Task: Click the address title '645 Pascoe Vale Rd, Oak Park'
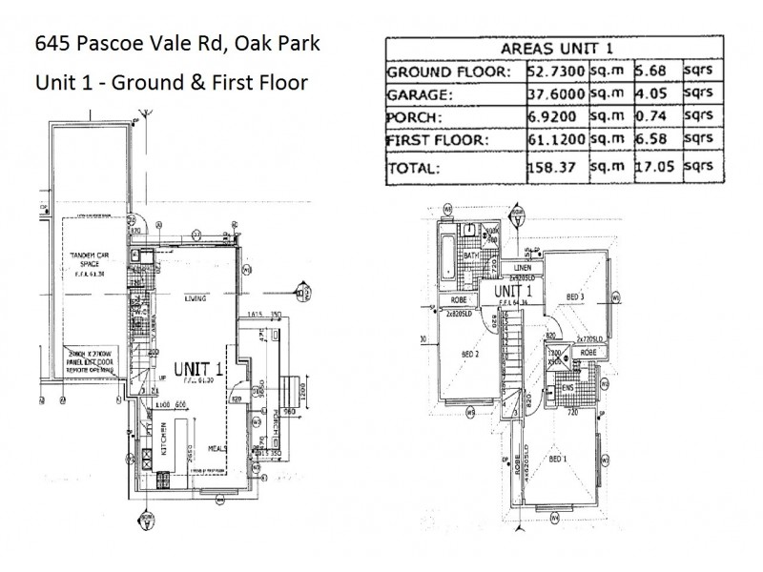click(x=177, y=44)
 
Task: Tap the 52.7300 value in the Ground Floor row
click(x=555, y=71)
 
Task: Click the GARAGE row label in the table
click(x=421, y=94)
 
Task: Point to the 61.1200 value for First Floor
click(x=555, y=140)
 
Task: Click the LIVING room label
click(x=195, y=298)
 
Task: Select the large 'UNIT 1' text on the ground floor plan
click(x=198, y=366)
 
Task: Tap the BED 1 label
click(x=556, y=460)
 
